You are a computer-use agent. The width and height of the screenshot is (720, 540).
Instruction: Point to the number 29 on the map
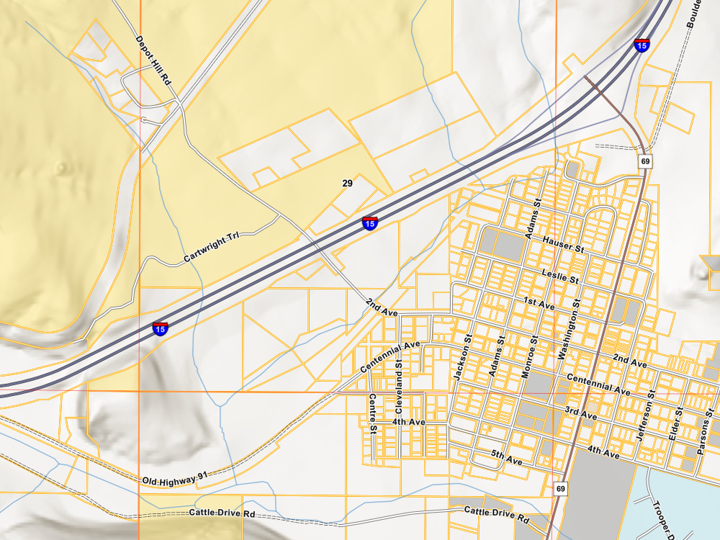pyautogui.click(x=347, y=184)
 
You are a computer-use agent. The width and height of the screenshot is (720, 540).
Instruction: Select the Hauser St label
pyautogui.click(x=563, y=244)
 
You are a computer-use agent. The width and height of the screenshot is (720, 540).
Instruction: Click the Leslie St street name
pyautogui.click(x=559, y=274)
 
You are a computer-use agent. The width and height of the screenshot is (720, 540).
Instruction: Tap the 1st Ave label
pyautogui.click(x=539, y=303)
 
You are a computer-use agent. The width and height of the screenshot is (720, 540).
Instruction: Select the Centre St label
pyautogui.click(x=372, y=413)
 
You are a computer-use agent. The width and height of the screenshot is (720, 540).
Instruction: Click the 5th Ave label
pyautogui.click(x=506, y=456)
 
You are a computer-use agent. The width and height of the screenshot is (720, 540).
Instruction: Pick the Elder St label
pyautogui.click(x=678, y=424)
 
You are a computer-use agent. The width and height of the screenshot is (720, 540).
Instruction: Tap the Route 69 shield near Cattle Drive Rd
pyautogui.click(x=561, y=490)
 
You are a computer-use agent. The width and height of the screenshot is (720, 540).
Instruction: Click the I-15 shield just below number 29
pyautogui.click(x=369, y=222)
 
